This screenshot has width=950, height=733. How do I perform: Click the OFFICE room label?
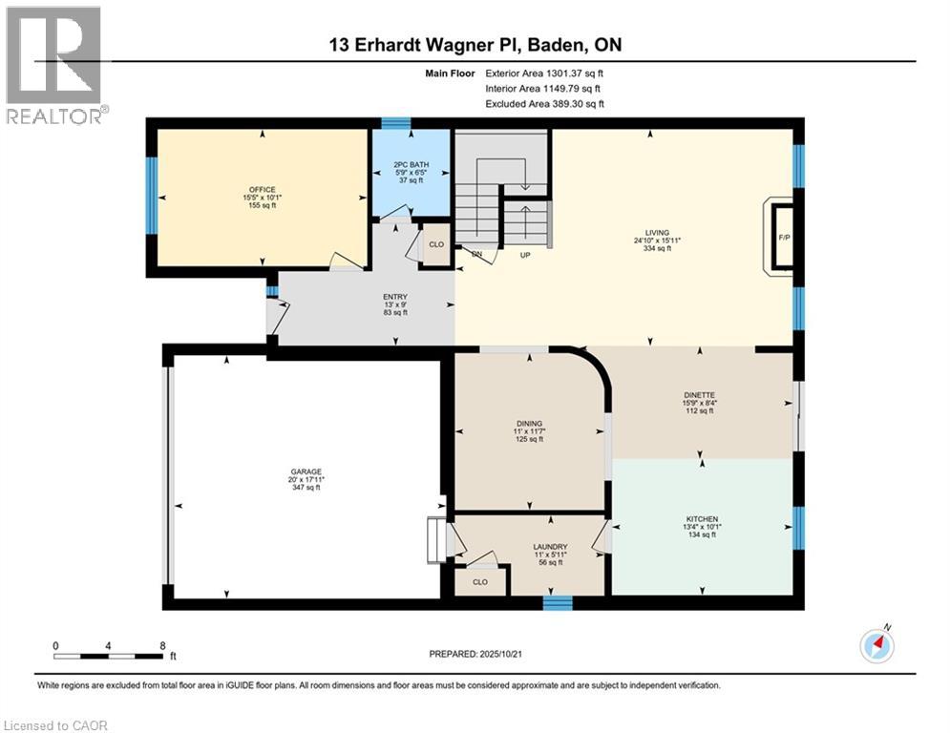pos(262,190)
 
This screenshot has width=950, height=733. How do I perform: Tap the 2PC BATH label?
pos(411,165)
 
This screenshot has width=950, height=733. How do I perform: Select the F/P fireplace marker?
pos(784,238)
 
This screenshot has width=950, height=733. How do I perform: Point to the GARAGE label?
pos(306,471)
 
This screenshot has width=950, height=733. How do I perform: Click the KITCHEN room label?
pos(702,519)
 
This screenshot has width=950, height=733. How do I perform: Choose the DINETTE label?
pos(699,395)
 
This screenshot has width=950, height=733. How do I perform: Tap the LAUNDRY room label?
pos(550,547)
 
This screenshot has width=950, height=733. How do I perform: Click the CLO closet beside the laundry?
pos(480,582)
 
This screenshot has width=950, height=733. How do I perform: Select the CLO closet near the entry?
pos(436,244)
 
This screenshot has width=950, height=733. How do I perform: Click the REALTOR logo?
pos(56,65)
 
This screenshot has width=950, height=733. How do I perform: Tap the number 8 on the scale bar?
pos(162,646)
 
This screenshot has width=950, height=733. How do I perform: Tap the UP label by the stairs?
pos(525,255)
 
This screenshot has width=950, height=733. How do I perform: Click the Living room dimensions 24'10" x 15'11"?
pos(658,241)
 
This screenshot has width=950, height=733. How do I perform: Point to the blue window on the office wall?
pos(152,196)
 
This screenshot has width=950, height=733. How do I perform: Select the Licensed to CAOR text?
pos(55,725)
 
